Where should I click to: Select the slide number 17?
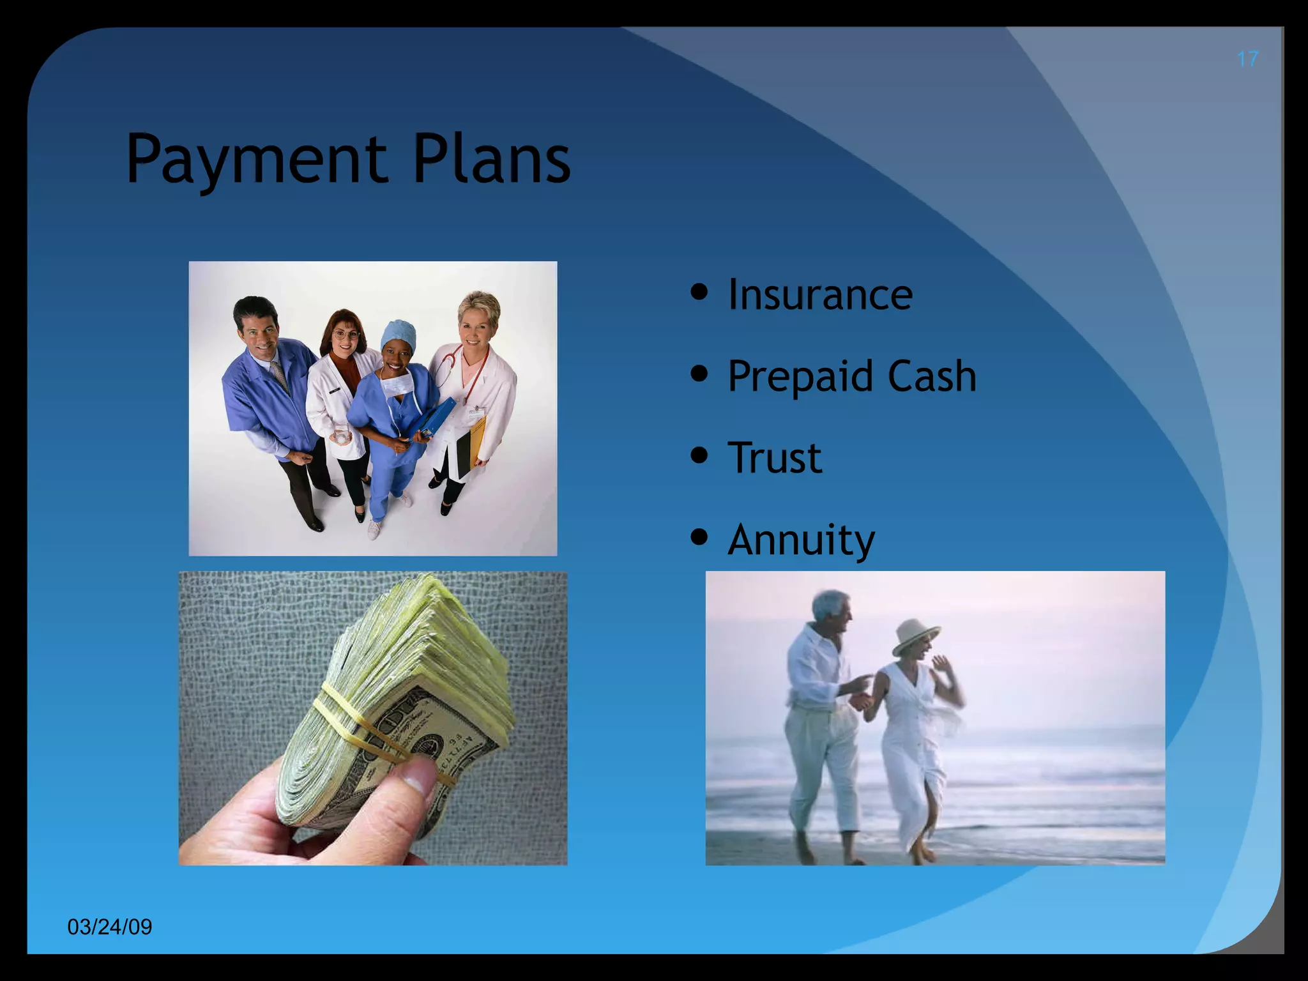pyautogui.click(x=1247, y=59)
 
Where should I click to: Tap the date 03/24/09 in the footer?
pyautogui.click(x=110, y=927)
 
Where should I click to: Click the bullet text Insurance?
pyautogui.click(x=820, y=294)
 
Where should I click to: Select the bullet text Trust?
pyautogui.click(x=775, y=457)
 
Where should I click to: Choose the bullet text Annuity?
pyautogui.click(x=801, y=540)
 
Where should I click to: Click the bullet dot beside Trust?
pyautogui.click(x=700, y=455)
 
